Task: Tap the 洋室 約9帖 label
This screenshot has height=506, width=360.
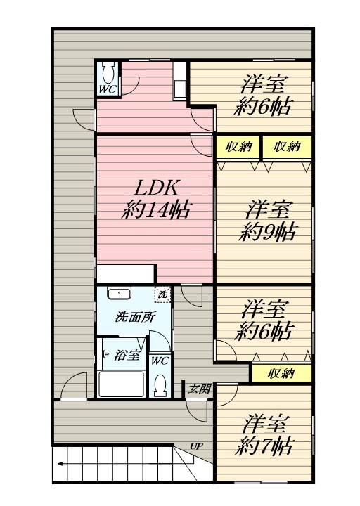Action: [x=268, y=220]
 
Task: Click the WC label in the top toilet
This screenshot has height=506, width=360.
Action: [x=107, y=89]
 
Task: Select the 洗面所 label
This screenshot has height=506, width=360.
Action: [x=134, y=316]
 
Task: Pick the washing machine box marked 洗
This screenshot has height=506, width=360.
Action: [x=162, y=294]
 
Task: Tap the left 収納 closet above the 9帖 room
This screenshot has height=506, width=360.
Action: [x=238, y=147]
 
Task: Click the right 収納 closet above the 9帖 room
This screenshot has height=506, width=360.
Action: [x=287, y=147]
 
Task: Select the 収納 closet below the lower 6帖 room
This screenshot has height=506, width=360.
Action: [x=281, y=373]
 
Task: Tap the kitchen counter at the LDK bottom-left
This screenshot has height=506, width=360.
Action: [x=125, y=273]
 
